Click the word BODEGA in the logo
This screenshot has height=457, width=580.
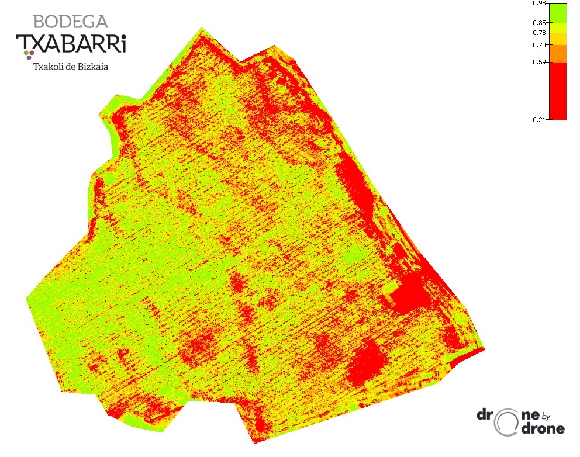pyautogui.click(x=70, y=22)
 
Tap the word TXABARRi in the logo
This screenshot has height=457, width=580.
pyautogui.click(x=71, y=43)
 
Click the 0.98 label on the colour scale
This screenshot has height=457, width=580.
pyautogui.click(x=540, y=4)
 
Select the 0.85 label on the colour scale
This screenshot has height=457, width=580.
pyautogui.click(x=540, y=23)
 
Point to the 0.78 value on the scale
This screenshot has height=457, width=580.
pyautogui.click(x=540, y=33)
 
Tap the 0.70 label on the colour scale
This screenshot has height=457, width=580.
pyautogui.click(x=540, y=45)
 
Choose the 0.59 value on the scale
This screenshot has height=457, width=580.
pyautogui.click(x=540, y=62)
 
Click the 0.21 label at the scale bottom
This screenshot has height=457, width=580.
pyautogui.click(x=540, y=119)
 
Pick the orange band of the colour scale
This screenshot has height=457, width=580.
pyautogui.click(x=558, y=53)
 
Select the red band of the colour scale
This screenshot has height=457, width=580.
pyautogui.click(x=558, y=91)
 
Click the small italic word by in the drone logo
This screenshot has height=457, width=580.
pyautogui.click(x=546, y=417)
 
